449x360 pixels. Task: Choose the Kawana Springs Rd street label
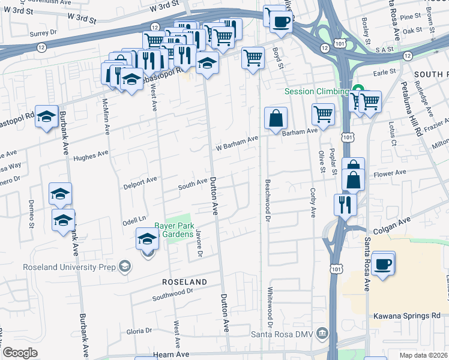coord(406,316)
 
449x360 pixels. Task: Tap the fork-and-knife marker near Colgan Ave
coord(346,204)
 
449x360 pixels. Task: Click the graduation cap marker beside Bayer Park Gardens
coord(148,239)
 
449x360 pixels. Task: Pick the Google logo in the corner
coord(20,352)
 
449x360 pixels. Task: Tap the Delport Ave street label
coord(140,179)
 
